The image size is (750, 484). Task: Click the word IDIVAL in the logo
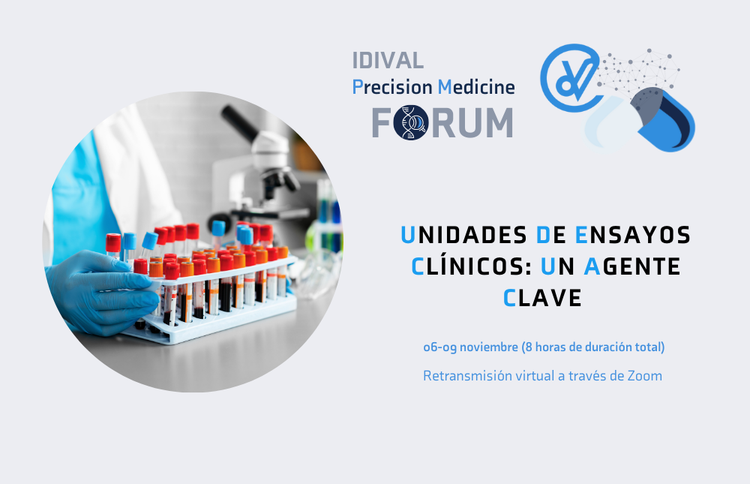[388, 60]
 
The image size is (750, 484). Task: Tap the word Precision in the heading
[392, 87]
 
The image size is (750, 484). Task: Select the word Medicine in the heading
[476, 87]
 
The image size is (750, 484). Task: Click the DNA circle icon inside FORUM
[411, 122]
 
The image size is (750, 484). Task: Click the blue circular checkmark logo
[570, 78]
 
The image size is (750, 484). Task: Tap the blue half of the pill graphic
[669, 122]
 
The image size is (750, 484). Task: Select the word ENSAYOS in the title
[633, 235]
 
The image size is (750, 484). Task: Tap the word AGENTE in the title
[632, 266]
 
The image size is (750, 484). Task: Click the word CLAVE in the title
[542, 298]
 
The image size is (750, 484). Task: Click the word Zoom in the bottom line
[645, 376]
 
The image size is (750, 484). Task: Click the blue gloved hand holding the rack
[103, 292]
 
